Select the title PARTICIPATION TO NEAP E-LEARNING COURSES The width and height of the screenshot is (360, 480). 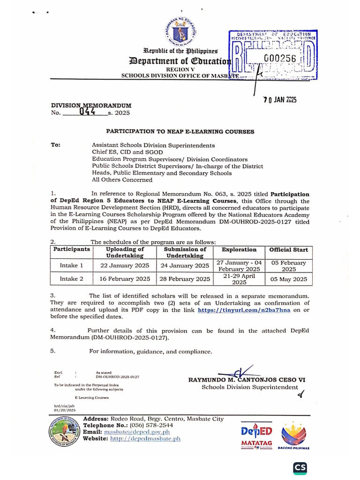tap(180, 132)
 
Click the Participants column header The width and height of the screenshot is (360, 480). tap(71, 250)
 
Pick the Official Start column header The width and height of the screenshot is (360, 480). tap(289, 250)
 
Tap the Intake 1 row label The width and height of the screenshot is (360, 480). tap(71, 265)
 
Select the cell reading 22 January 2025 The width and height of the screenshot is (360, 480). tap(125, 265)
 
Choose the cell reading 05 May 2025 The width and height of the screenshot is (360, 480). tap(289, 279)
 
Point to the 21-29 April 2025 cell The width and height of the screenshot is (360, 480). tap(239, 279)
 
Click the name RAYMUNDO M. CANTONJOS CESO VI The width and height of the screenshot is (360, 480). tap(247, 380)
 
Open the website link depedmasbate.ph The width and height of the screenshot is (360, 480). tap(145, 439)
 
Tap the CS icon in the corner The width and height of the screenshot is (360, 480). tap(300, 468)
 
